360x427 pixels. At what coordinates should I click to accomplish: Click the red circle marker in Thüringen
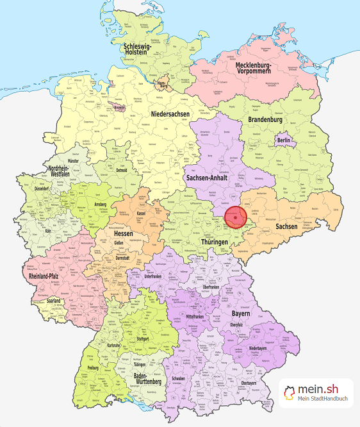[236, 218]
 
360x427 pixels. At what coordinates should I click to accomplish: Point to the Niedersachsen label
[171, 114]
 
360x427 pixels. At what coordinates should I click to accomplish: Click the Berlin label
[284, 140]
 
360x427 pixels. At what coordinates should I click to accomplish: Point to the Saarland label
[54, 300]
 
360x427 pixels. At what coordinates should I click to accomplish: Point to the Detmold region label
[120, 171]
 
